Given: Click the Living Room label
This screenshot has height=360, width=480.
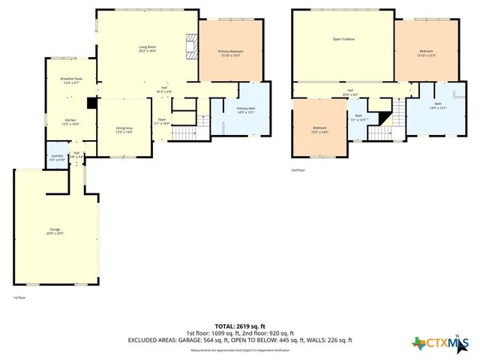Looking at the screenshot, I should pos(147,49).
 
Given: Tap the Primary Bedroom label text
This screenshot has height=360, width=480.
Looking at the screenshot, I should pos(230,52).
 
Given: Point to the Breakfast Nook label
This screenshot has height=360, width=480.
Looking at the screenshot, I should pos(71,81).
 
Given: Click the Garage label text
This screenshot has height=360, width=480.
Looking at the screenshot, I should pos(55,230).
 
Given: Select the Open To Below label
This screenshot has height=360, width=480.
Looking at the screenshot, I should pos(343,39).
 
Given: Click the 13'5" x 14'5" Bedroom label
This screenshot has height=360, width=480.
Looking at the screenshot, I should pos(319,130).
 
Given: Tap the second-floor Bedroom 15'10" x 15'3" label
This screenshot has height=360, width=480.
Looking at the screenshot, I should pos(427,52).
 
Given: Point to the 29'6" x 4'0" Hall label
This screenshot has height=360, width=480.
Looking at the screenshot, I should pos(349,92).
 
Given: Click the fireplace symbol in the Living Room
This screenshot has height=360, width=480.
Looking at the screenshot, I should pos(191,47).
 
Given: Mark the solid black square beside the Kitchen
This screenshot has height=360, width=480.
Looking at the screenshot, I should pos(91,104).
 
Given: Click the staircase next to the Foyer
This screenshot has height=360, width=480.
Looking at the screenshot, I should pos(182,133).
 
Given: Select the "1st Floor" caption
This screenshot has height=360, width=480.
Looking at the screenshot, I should pos(19,297).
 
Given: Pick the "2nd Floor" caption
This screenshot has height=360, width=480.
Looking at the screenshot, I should pos(298,170).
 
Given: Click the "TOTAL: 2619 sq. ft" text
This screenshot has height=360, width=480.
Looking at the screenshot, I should pos(240,326).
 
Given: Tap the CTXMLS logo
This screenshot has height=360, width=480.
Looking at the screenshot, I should pos(439,343).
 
